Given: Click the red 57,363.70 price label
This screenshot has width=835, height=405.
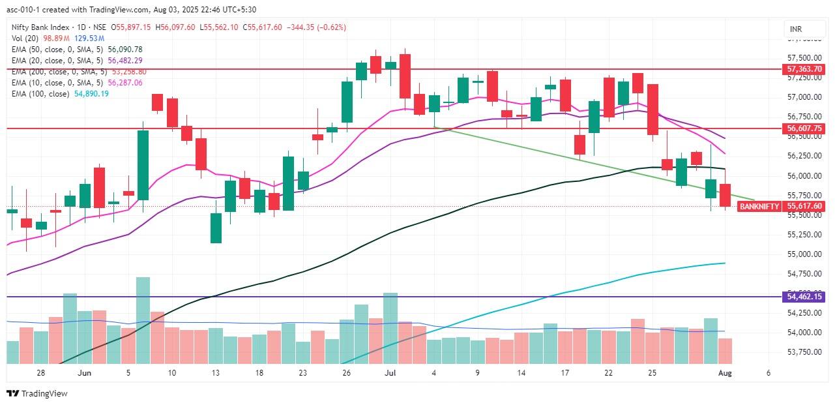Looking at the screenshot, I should (804, 68).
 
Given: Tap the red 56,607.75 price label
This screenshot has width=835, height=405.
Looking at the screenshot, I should (804, 128).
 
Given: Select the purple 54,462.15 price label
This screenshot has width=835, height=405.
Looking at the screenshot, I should (804, 297).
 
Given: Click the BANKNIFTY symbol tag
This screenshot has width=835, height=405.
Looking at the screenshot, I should (759, 206).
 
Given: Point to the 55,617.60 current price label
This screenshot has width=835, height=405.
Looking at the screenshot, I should (804, 206).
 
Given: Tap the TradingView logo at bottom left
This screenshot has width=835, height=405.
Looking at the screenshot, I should (37, 393).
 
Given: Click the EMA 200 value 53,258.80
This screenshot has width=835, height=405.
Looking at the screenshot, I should (129, 71).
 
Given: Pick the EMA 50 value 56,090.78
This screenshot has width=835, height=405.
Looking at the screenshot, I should (125, 49).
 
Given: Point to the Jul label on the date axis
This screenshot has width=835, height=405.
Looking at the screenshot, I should (390, 373).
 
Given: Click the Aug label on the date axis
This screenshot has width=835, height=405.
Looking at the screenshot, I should (725, 373).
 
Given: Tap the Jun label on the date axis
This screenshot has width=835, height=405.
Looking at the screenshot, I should (84, 373).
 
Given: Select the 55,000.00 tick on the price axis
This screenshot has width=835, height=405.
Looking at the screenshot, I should (804, 254).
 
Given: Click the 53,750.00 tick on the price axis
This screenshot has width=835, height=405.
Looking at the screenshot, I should (804, 352).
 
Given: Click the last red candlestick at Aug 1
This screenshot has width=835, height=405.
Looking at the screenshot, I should (725, 195).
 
